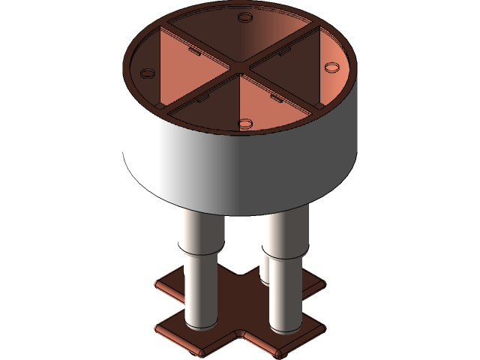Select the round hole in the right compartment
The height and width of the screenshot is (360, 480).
331,67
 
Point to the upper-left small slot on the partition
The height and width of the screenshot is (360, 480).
193,52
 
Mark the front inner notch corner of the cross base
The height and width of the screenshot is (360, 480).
243,335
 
